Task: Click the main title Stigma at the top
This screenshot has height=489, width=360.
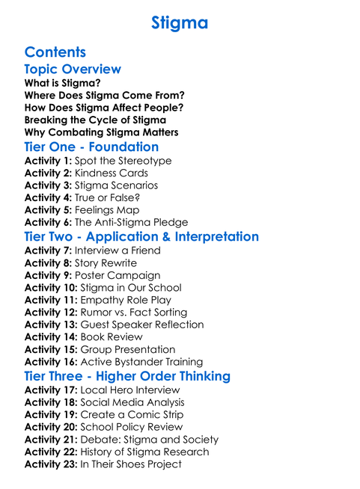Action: pyautogui.click(x=180, y=22)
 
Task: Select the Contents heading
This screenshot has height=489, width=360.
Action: pyautogui.click(x=55, y=52)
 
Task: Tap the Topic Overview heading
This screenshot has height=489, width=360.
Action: pyautogui.click(x=73, y=70)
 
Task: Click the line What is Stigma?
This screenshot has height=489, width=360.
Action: pyautogui.click(x=63, y=83)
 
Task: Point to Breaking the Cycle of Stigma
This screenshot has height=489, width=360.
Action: pyautogui.click(x=95, y=120)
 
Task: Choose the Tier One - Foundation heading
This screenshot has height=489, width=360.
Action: pyautogui.click(x=91, y=147)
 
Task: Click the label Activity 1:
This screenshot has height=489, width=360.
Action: pyautogui.click(x=48, y=161)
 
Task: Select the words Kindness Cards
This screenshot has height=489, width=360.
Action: pyautogui.click(x=112, y=173)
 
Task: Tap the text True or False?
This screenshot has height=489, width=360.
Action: pyautogui.click(x=107, y=197)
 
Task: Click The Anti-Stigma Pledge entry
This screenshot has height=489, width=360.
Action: pyautogui.click(x=132, y=222)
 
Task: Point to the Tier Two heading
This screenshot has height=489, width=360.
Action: pyautogui.click(x=141, y=237)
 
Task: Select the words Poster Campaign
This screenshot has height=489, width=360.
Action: pyautogui.click(x=118, y=275)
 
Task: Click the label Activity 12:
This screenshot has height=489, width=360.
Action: pyautogui.click(x=51, y=312)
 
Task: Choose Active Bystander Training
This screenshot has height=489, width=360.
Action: pyautogui.click(x=141, y=362)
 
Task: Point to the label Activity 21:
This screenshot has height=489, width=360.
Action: pyautogui.click(x=51, y=440)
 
